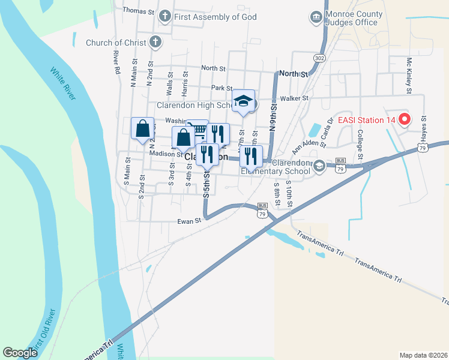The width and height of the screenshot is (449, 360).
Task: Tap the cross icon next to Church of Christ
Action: point(155,43)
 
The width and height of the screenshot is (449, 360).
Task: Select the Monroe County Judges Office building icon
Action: point(315,17)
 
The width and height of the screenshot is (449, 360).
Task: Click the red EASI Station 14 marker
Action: point(404,119)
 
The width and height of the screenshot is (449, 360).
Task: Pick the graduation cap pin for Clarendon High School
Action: point(243,101)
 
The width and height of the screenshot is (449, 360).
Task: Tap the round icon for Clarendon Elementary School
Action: point(319,166)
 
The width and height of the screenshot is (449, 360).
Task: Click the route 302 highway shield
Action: point(319,58)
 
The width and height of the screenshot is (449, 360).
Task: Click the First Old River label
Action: point(43,331)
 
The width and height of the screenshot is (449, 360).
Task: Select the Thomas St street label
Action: point(138,11)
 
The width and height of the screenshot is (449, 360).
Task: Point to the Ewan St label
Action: point(188,221)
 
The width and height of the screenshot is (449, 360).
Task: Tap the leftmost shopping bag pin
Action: point(142,128)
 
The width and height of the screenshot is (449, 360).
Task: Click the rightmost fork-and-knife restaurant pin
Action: point(250,156)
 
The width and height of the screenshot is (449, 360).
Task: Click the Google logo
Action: point(20,352)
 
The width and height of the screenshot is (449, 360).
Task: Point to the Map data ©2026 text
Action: point(423,355)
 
